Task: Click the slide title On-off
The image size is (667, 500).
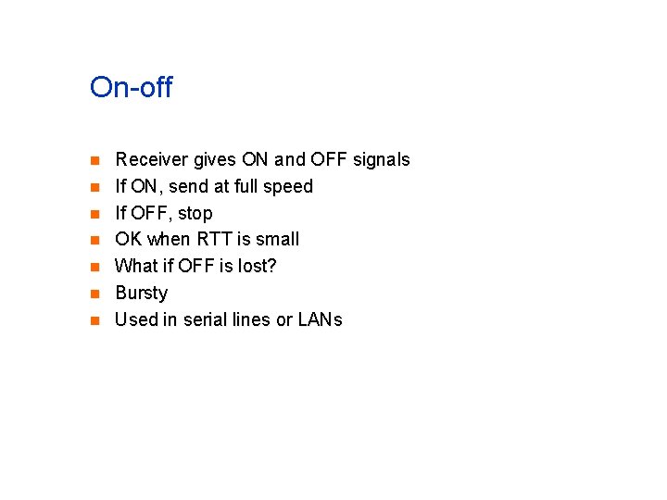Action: (x=131, y=88)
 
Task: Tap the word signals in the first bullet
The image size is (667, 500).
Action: (x=381, y=160)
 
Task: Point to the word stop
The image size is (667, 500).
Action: (x=195, y=214)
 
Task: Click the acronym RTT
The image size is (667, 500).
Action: (x=216, y=240)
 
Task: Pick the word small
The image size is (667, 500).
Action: (x=276, y=240)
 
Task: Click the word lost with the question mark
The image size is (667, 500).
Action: (x=258, y=267)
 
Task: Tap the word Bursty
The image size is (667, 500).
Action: (x=141, y=294)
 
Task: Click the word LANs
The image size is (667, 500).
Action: (x=321, y=320)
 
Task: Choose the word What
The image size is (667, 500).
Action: (x=136, y=267)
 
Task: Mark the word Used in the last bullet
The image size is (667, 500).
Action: (x=135, y=320)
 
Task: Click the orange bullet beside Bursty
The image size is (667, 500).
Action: (x=94, y=294)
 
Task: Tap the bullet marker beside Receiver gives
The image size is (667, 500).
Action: (x=94, y=161)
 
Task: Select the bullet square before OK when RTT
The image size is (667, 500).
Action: (x=94, y=241)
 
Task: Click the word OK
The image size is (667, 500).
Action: (x=129, y=240)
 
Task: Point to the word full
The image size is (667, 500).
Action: (x=246, y=187)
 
